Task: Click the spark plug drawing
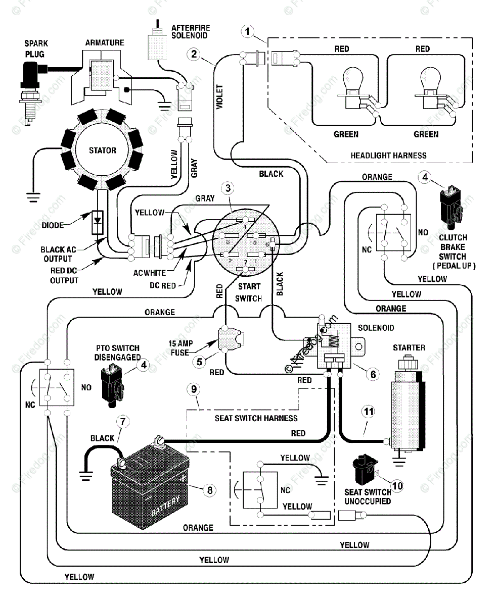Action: click(30, 95)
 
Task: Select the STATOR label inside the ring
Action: click(103, 150)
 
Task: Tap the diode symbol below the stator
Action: click(98, 222)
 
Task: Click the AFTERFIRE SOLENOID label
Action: click(191, 32)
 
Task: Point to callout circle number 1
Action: click(247, 31)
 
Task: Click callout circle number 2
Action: click(194, 54)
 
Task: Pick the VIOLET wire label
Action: click(219, 97)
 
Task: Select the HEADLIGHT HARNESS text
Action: click(388, 156)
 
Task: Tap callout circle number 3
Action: click(228, 188)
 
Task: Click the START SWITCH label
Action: click(249, 292)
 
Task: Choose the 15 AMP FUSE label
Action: click(181, 348)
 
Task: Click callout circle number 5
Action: click(199, 362)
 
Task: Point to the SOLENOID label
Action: click(376, 328)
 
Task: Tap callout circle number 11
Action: click(369, 412)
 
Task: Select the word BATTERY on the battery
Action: click(165, 506)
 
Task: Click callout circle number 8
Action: click(210, 490)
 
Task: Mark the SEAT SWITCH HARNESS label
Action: click(256, 418)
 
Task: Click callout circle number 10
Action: click(397, 486)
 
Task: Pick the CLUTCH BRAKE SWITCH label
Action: click(454, 251)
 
